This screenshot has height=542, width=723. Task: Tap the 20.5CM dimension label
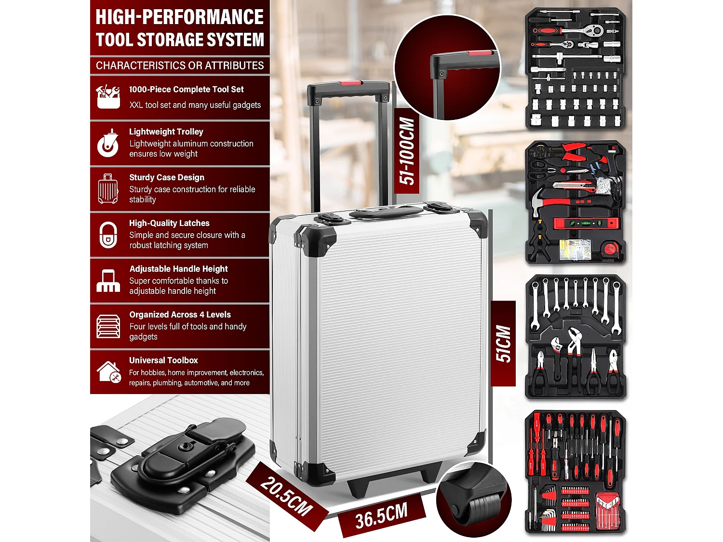pos(287,496)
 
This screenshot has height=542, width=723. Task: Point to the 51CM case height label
pos(503,344)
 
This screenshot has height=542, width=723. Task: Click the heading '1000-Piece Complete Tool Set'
pos(186,89)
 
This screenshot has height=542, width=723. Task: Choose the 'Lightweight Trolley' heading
pos(166,132)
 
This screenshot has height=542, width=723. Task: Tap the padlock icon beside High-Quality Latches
pos(108,235)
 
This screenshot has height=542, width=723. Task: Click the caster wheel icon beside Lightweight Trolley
pos(108,143)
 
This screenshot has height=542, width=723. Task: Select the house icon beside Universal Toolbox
pos(108,372)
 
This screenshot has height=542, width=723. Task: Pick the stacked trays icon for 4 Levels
pos(108,326)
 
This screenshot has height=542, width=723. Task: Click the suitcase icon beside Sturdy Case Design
pos(108,189)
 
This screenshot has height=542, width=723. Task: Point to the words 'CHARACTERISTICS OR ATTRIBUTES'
pos(180,66)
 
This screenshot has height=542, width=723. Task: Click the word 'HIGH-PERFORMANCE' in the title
pos(179,17)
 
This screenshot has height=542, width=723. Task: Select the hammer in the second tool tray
pos(542,201)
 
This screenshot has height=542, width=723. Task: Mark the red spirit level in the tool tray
pos(585,224)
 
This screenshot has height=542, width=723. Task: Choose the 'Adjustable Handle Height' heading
pos(178,269)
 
